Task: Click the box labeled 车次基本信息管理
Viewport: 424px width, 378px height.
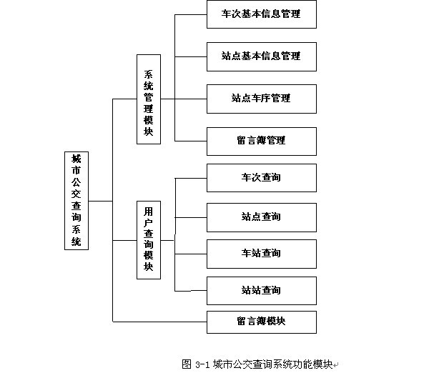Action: coord(262,14)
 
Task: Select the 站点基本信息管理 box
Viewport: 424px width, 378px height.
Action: coord(262,56)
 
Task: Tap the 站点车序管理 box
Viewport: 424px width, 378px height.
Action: coord(262,99)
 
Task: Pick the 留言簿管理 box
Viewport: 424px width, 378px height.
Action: coord(262,141)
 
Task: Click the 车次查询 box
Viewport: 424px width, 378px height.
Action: coord(262,178)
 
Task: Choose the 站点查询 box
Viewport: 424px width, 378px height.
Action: coord(262,217)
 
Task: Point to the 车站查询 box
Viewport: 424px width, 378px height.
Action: coord(262,254)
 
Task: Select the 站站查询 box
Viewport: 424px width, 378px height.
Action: coord(262,291)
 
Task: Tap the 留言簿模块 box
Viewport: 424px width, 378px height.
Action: coord(262,322)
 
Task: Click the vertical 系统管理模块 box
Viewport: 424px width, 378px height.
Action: coord(149,99)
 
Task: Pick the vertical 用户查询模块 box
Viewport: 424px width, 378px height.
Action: coord(149,240)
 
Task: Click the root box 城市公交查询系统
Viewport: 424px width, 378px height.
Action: coord(77,201)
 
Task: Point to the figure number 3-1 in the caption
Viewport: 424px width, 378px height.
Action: coord(202,364)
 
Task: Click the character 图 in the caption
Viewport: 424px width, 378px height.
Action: coord(187,364)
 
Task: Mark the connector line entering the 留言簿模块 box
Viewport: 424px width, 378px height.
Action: coord(159,322)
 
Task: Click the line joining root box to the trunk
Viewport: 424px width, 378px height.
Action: coord(101,201)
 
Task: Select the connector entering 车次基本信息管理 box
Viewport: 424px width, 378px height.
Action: coord(191,14)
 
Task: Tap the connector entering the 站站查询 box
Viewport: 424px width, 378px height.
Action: coord(191,291)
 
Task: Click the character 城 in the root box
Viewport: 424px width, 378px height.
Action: coord(77,159)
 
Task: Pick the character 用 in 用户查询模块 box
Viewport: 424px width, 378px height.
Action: coord(149,212)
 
